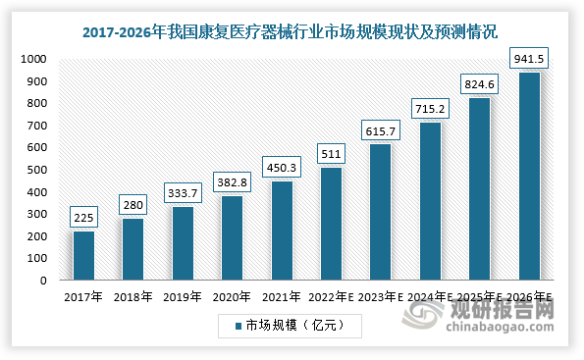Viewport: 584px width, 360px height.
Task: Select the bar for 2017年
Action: pyautogui.click(x=83, y=255)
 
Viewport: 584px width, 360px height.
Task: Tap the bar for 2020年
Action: pyautogui.click(x=233, y=237)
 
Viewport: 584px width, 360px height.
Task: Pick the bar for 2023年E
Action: pyautogui.click(x=381, y=212)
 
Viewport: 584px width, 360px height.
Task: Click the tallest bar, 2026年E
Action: pyautogui.click(x=529, y=177)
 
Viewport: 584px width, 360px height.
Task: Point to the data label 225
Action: pyautogui.click(x=83, y=217)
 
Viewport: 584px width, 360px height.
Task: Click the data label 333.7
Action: pyautogui.click(x=183, y=192)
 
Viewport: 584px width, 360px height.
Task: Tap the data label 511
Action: pyautogui.click(x=331, y=153)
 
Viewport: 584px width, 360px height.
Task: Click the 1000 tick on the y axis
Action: pyautogui.click(x=35, y=59)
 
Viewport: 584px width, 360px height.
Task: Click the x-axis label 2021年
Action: pyautogui.click(x=282, y=295)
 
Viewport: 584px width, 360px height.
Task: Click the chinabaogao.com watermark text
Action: pyautogui.click(x=502, y=330)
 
